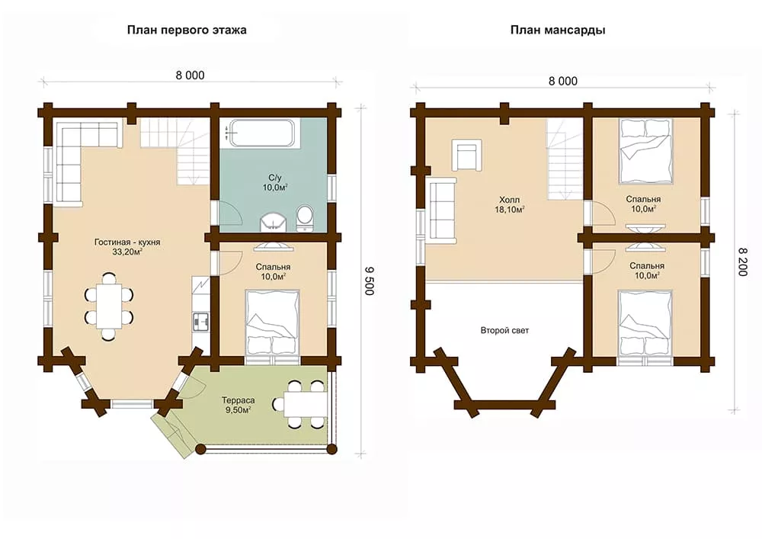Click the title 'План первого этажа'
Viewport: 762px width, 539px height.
click(187, 30)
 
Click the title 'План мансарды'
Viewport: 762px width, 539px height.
click(558, 30)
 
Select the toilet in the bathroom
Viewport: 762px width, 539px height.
click(305, 218)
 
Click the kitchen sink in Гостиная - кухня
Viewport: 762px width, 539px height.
click(200, 321)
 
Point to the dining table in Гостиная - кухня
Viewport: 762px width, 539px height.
click(108, 306)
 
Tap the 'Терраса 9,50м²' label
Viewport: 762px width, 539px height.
click(238, 406)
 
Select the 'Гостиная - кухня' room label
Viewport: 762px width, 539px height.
click(127, 242)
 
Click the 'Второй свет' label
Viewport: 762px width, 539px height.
click(504, 331)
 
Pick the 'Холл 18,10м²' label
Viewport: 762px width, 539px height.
click(509, 204)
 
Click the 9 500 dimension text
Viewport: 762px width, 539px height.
click(370, 281)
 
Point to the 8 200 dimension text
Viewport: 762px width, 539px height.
click(742, 262)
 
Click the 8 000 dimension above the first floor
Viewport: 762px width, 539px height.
click(190, 75)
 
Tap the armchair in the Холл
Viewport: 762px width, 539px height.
click(467, 156)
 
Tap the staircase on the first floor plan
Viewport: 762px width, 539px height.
click(175, 152)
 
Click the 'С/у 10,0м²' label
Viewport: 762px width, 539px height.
click(275, 183)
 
